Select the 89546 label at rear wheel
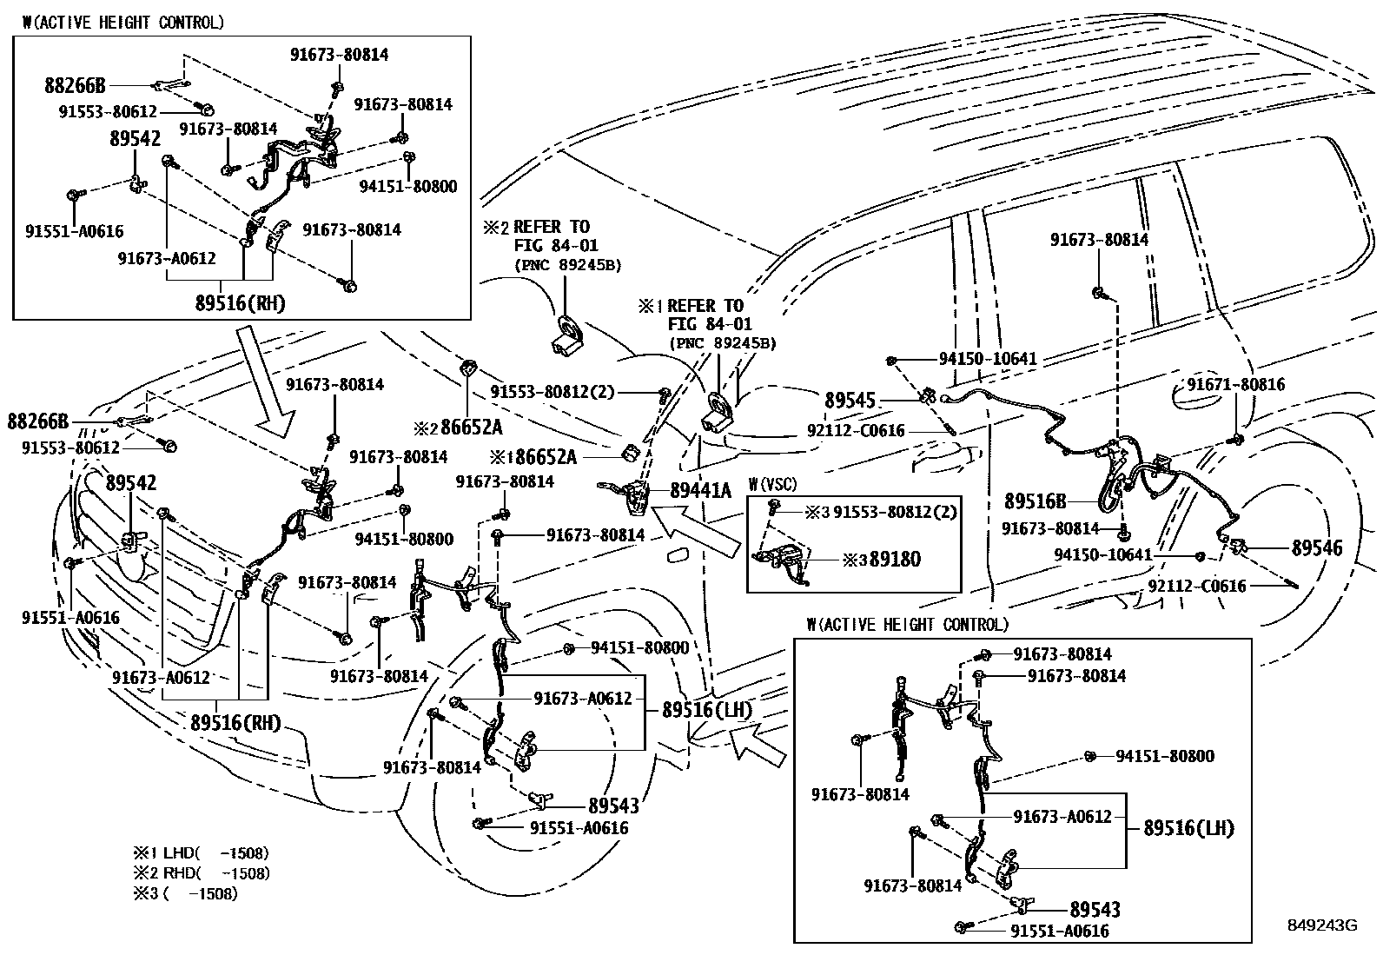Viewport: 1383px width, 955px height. coord(1316,548)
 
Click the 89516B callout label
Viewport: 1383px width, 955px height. coord(1035,501)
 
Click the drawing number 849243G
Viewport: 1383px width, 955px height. coord(1320,926)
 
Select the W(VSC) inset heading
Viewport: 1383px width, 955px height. coord(772,484)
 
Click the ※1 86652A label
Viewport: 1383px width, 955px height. coord(544,456)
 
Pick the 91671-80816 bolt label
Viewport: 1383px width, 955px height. coord(1235,385)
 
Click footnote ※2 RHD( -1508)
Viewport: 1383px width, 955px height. coord(201,873)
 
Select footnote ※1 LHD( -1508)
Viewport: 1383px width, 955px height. coord(201,852)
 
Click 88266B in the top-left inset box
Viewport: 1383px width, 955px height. coord(75,85)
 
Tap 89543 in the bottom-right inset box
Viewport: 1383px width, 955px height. coord(1095,910)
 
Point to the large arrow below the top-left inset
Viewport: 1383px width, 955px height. coord(270,380)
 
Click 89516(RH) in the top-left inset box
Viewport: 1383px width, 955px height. coord(240,303)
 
